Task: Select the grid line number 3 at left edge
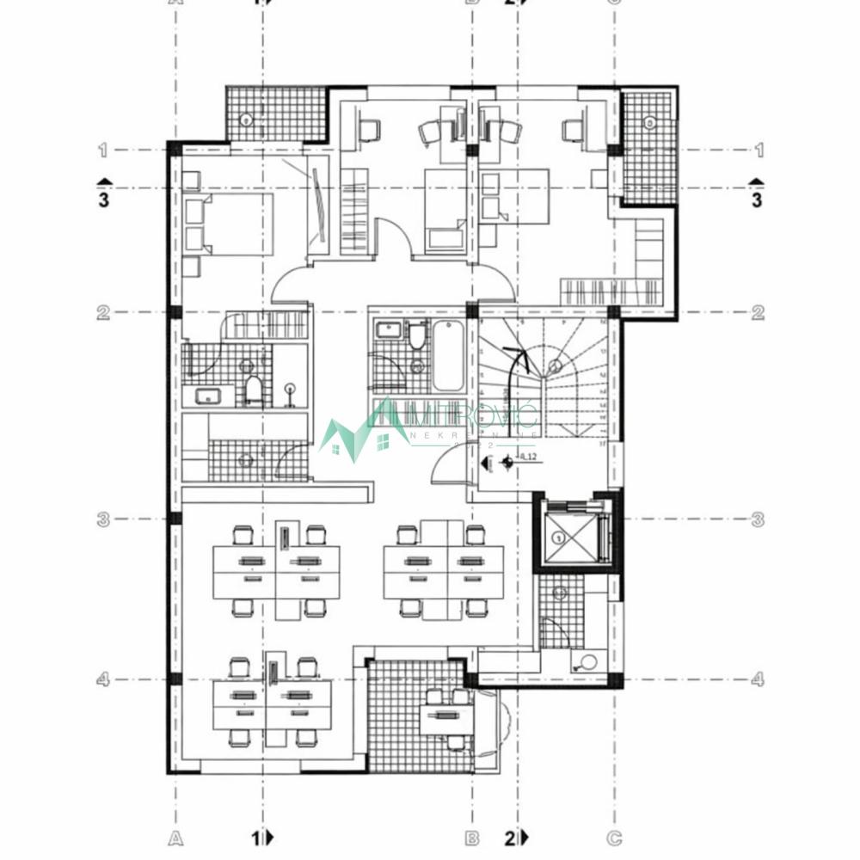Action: tap(102, 519)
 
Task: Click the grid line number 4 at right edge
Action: tap(758, 679)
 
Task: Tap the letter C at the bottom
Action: tap(614, 836)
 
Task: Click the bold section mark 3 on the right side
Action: tap(757, 200)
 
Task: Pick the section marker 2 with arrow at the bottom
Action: tap(516, 836)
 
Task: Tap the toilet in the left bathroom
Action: tap(254, 391)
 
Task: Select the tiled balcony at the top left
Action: tap(275, 114)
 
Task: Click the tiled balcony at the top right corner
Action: tap(649, 146)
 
